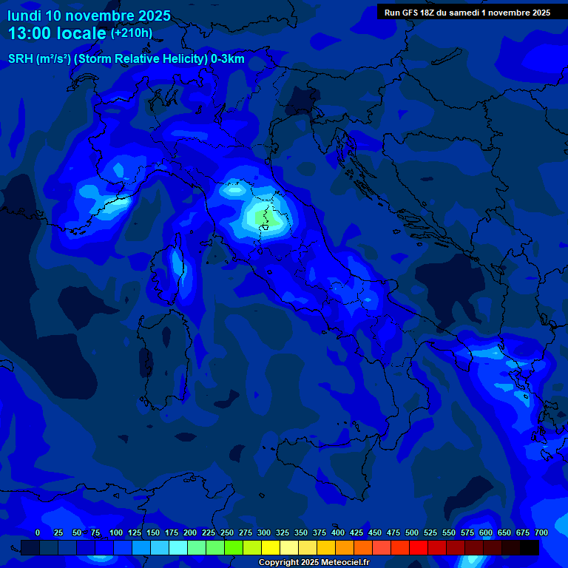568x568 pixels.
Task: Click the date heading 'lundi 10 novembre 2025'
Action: (89, 16)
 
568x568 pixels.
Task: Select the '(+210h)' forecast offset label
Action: (132, 33)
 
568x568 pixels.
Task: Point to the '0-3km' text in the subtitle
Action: (228, 59)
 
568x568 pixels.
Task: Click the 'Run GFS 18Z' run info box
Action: (467, 13)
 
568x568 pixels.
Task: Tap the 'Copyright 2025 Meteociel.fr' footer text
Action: (314, 563)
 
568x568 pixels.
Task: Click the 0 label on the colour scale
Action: (38, 532)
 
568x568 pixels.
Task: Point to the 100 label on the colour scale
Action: (116, 532)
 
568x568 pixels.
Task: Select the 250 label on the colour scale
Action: (227, 532)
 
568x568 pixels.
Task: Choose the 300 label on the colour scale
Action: (264, 532)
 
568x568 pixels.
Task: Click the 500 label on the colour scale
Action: (412, 532)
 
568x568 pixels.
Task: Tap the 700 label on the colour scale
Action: (541, 532)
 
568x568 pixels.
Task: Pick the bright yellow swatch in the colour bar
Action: (271, 548)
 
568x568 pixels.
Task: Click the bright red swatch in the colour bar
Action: (419, 548)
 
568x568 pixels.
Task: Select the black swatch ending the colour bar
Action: (530, 548)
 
